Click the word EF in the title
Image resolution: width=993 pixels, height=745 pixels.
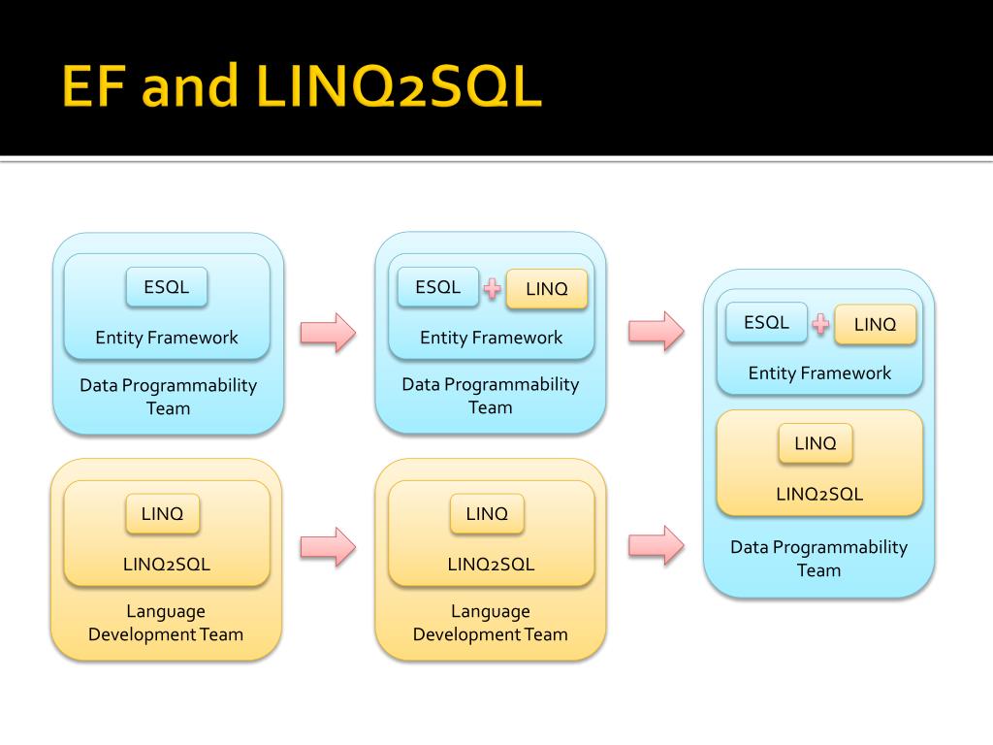(92, 86)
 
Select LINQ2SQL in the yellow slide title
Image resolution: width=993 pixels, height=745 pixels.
(399, 86)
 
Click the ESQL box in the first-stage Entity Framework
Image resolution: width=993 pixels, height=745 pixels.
(167, 287)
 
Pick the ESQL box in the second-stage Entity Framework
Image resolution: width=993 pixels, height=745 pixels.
(437, 287)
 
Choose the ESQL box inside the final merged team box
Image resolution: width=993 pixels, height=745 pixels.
(766, 322)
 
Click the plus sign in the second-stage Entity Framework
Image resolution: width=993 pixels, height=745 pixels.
(492, 289)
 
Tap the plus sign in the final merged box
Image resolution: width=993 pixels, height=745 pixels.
(820, 324)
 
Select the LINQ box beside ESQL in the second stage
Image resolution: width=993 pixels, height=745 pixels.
(547, 289)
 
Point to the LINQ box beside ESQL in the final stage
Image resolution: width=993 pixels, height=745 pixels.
(876, 324)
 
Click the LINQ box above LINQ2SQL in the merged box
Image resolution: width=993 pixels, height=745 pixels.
(815, 443)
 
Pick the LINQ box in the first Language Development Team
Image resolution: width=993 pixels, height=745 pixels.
(162, 514)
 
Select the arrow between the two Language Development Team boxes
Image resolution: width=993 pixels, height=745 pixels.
(328, 547)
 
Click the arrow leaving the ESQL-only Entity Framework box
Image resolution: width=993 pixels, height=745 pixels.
(328, 333)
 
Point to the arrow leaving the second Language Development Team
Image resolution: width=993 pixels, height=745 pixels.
(657, 545)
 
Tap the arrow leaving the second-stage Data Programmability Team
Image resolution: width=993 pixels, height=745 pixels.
(657, 332)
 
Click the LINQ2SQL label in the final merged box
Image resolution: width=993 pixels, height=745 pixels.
(819, 494)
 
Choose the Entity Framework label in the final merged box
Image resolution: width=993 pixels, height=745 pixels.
(819, 373)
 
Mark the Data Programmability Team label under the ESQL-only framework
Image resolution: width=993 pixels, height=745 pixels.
(168, 397)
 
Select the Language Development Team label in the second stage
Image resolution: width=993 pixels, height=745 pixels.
(490, 623)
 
